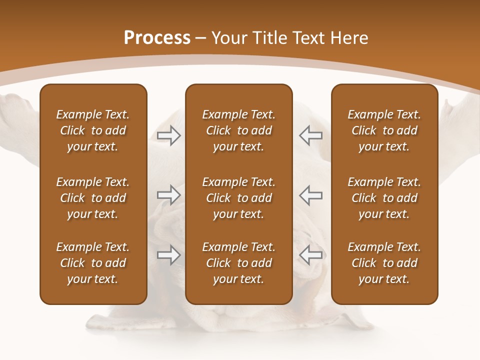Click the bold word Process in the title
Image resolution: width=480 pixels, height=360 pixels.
157,38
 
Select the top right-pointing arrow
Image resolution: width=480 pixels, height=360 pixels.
168,135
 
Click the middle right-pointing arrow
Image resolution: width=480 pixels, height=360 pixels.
168,194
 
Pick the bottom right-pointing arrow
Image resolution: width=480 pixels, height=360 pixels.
168,255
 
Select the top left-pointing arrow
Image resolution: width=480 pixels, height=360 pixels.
310,135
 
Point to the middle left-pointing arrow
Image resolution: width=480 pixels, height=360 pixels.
310,194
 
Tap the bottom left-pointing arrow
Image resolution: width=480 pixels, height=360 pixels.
310,255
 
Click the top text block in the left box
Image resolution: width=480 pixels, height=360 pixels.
93,130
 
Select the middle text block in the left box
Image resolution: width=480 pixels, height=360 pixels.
93,198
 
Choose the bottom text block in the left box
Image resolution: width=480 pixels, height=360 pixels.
93,263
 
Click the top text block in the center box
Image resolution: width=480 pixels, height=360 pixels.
238,130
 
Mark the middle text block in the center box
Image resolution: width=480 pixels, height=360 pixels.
238,198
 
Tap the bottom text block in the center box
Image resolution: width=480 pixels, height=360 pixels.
238,263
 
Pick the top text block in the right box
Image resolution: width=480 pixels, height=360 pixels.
384,130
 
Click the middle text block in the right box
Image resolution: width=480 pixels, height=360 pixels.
384,198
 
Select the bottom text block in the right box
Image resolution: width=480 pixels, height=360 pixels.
384,263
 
